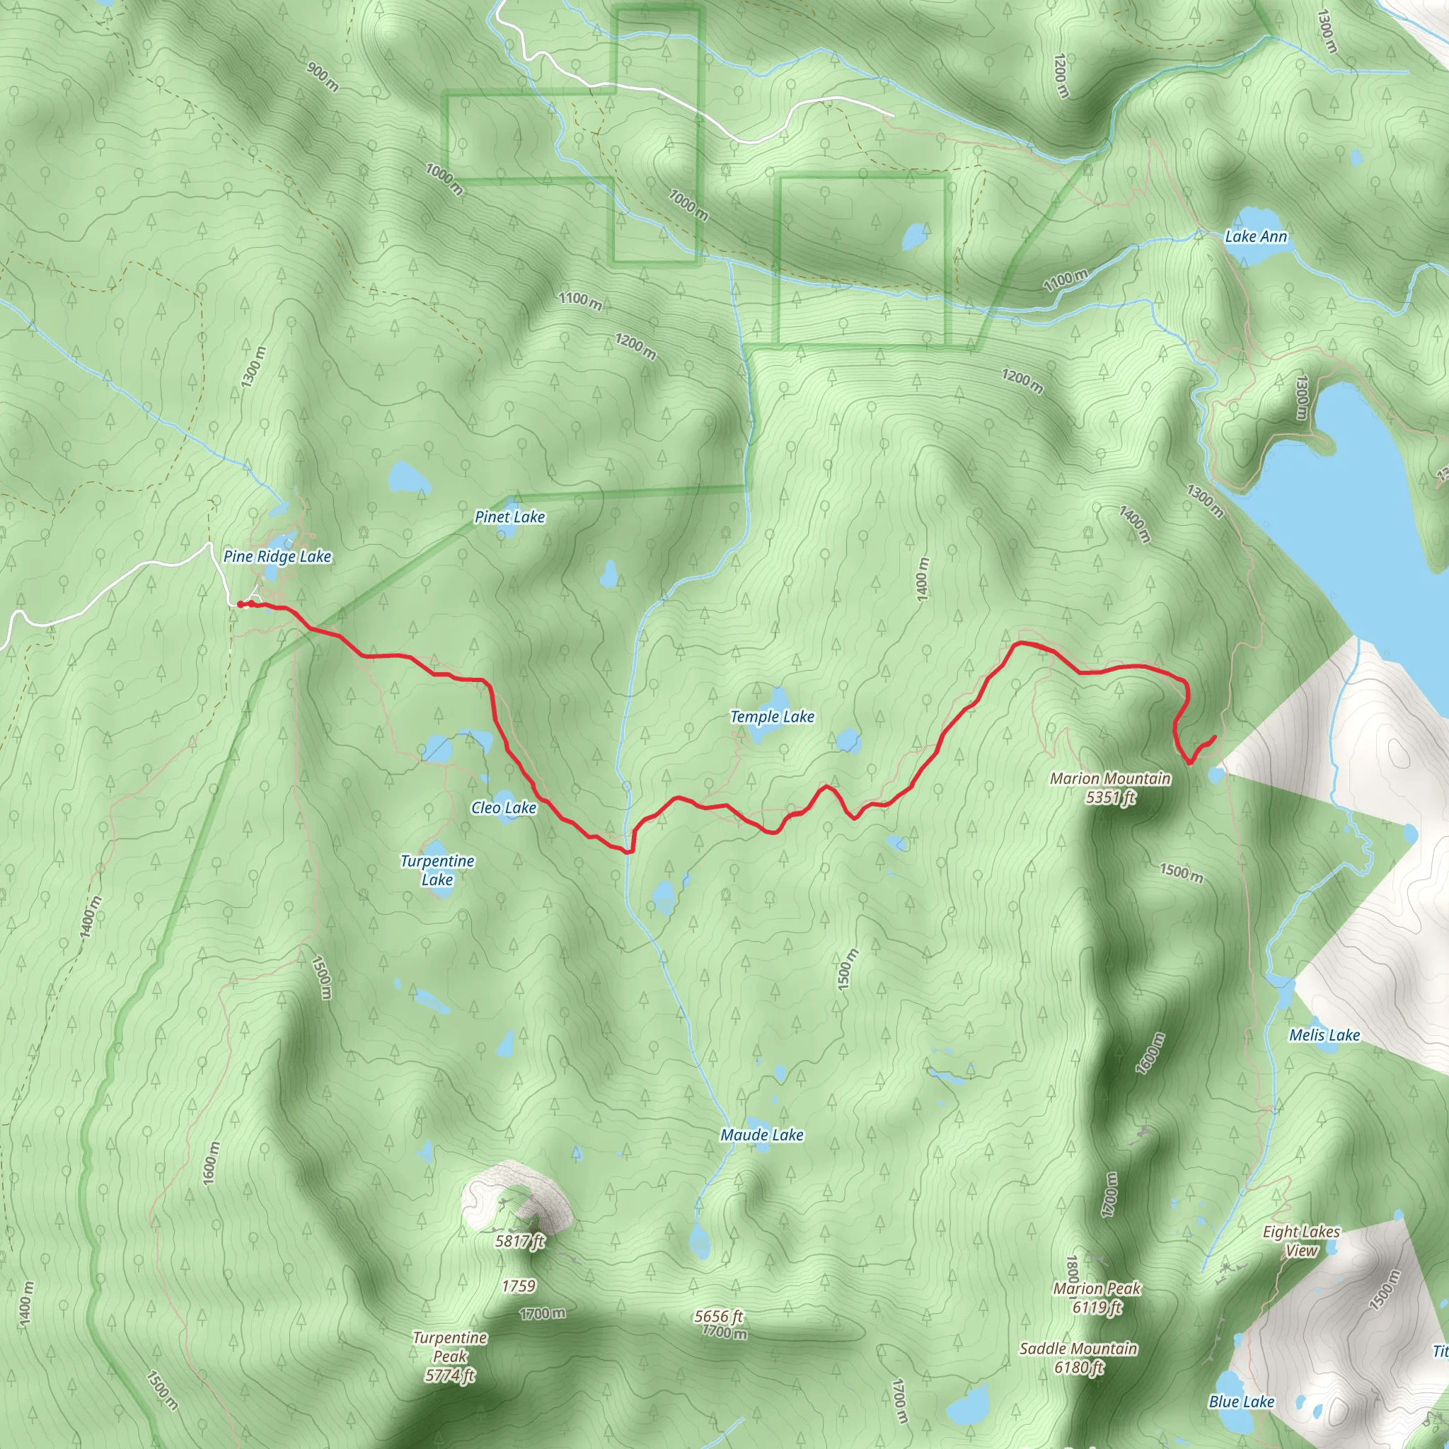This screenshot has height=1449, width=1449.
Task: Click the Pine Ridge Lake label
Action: [277, 557]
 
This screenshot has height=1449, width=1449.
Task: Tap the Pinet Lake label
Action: [509, 516]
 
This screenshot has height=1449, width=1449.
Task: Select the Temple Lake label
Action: [772, 716]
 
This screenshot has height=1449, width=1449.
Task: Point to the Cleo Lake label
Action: [503, 808]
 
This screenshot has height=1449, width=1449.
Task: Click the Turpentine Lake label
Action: [437, 870]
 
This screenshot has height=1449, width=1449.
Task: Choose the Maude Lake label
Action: [761, 1135]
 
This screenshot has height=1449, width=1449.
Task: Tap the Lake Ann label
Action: [1256, 237]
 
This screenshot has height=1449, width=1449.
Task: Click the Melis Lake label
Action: [1324, 1035]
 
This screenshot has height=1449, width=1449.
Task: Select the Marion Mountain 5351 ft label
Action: [1110, 787]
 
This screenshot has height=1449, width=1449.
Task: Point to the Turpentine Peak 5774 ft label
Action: [450, 1356]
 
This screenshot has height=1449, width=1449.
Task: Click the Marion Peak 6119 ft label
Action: [1097, 1298]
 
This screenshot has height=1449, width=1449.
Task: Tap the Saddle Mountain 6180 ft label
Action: [1078, 1358]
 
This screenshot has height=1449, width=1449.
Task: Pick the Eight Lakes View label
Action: [1300, 1240]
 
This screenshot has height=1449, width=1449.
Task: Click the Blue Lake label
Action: [1241, 1402]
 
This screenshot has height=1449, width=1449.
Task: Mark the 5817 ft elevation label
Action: [519, 1241]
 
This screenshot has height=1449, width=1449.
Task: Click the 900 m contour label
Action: [323, 76]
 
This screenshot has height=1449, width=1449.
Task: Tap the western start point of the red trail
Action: [240, 604]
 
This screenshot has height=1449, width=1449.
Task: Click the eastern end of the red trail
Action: [1213, 738]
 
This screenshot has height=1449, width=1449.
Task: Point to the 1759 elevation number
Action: [518, 1286]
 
